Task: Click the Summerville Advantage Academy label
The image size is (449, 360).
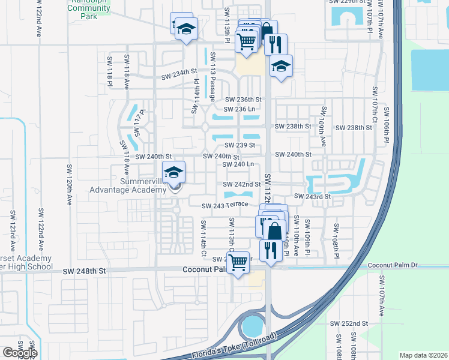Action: click(x=127, y=185)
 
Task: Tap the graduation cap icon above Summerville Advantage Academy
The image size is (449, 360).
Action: click(x=173, y=173)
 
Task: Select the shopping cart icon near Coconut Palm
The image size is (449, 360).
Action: click(x=238, y=262)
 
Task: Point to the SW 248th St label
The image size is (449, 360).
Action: click(x=84, y=271)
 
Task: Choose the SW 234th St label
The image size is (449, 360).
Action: click(x=179, y=76)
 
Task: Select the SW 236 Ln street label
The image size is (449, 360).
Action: click(x=240, y=109)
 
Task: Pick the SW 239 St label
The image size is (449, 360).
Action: click(x=240, y=145)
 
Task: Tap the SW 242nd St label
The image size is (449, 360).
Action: click(x=241, y=184)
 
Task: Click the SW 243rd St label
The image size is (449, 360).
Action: click(x=312, y=196)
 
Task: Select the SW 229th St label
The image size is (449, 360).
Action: click(x=348, y=2)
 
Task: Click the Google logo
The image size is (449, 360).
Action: click(x=20, y=352)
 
